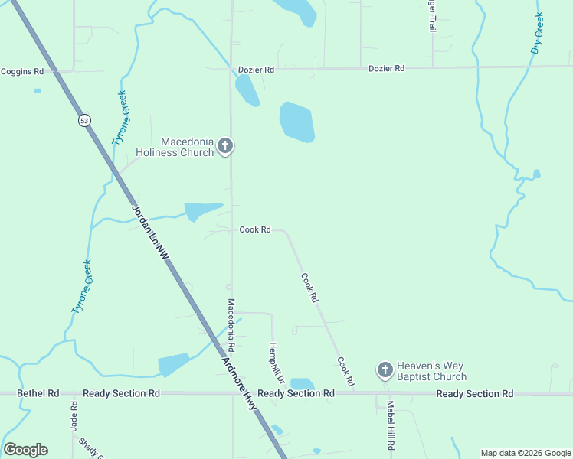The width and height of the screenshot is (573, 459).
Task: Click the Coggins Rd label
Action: coord(21,71)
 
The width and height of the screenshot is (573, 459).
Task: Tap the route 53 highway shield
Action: coord(83,120)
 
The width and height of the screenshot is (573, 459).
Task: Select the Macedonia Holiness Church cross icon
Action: coord(225,145)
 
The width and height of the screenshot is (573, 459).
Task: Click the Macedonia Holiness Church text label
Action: coord(175,147)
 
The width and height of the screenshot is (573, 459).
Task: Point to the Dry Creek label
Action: coord(537,33)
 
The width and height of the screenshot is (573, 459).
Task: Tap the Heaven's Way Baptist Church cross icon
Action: coord(385,370)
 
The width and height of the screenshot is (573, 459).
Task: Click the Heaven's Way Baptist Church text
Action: coord(431,371)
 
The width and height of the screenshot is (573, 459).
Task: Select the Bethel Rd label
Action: coord(38,393)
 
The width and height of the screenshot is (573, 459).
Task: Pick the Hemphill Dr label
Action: coord(276,363)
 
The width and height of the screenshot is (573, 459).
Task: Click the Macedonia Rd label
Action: coord(230,320)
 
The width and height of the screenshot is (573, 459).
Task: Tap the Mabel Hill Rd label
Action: coord(390,425)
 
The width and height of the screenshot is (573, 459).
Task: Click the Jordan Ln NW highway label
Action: coord(149,236)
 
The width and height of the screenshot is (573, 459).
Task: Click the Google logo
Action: coord(25,450)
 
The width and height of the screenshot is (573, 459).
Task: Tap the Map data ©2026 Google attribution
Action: coord(525,453)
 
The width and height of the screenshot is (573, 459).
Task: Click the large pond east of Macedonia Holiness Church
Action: coord(296,122)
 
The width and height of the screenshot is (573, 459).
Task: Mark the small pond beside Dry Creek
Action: coord(536,174)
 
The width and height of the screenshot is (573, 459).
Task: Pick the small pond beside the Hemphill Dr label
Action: coord(302,383)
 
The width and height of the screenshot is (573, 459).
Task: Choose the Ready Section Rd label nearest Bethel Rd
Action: coord(121,393)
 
